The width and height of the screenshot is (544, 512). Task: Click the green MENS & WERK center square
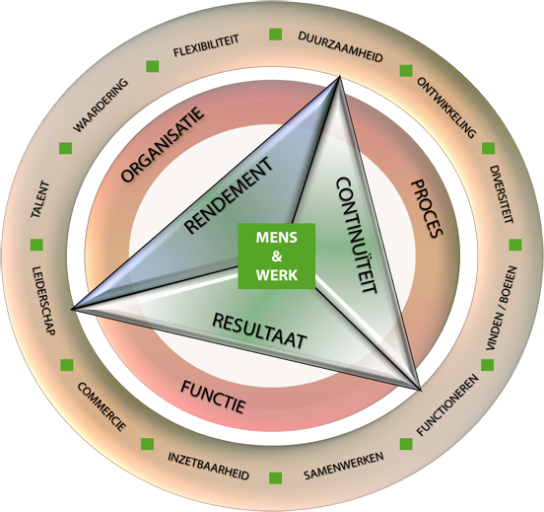277,256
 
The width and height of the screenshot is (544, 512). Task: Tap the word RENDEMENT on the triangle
229,195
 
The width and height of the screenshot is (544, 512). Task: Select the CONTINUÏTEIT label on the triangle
357,236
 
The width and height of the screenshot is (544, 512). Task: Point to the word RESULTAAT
259,330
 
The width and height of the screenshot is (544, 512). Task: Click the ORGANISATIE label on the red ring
162,144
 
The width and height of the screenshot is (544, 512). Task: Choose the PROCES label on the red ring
427,208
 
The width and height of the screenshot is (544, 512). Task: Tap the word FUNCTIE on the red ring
213,397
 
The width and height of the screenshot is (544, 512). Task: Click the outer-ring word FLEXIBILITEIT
206,45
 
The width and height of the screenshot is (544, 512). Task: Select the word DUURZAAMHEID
340,47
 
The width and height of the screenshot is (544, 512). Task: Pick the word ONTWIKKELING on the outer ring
446,108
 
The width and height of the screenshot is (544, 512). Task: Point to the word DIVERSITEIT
502,193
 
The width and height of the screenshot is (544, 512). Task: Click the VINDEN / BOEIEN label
502,308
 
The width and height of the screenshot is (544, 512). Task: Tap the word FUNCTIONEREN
447,404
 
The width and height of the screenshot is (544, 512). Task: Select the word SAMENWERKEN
344,466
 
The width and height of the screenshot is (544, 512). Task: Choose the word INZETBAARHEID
209,466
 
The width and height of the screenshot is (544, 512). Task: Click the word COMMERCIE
101,406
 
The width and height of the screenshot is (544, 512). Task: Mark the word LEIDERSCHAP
43,301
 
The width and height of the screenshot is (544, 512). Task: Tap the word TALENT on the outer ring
40,199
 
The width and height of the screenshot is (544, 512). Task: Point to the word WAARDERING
101,106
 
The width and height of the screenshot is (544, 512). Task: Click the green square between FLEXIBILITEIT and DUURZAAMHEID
276,35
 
